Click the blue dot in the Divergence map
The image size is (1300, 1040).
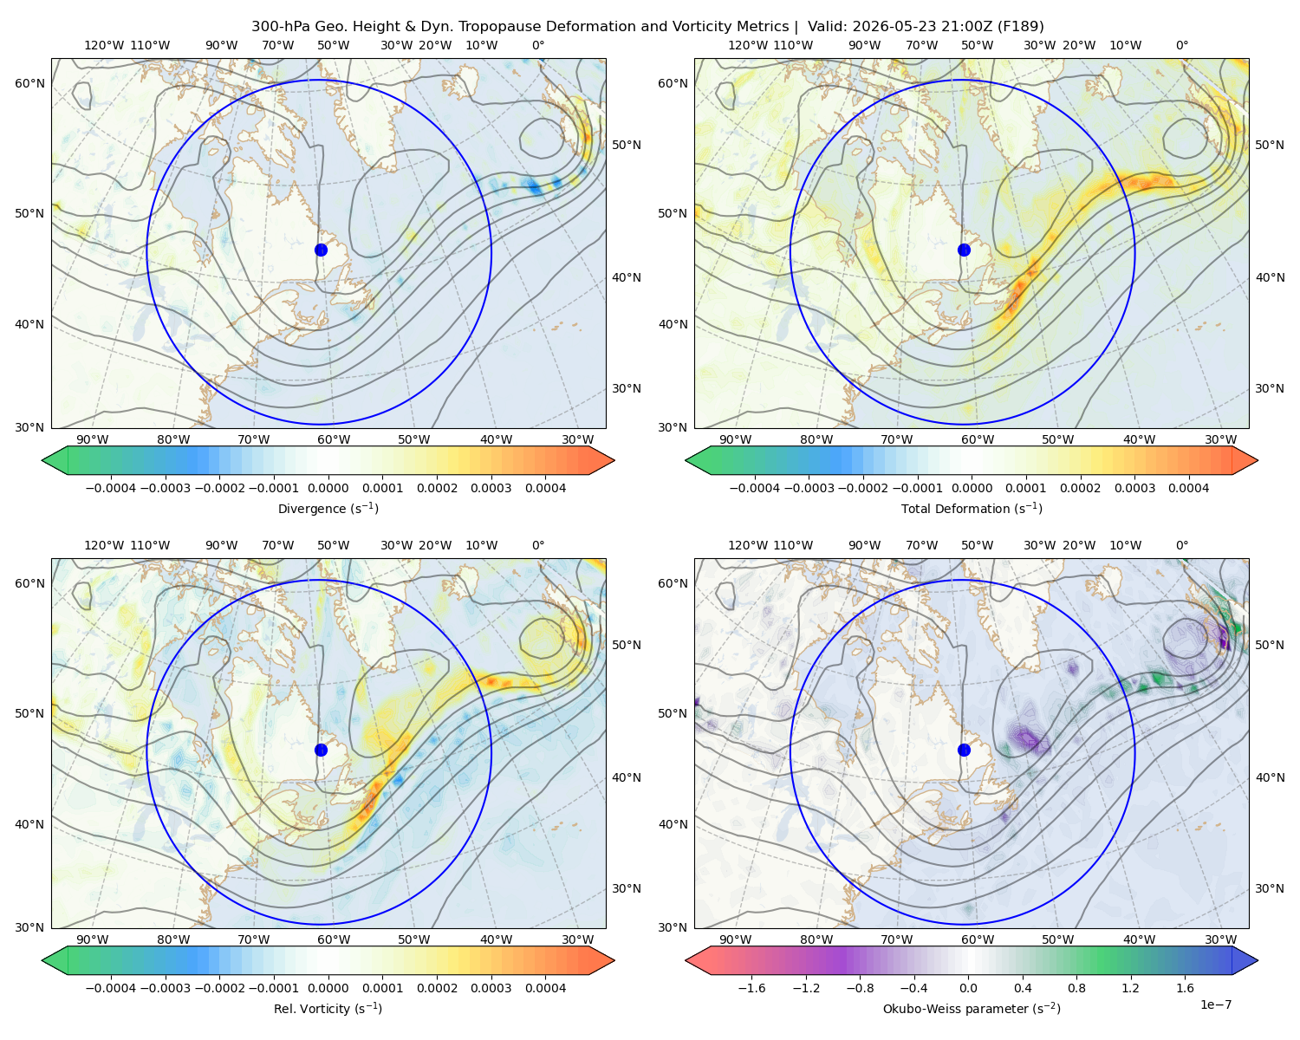[321, 250]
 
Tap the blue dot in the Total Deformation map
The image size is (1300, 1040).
[964, 250]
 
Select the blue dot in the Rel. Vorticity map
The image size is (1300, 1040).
[321, 750]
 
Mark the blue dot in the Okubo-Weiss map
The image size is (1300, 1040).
[964, 750]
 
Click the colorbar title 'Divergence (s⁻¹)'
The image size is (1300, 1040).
[328, 508]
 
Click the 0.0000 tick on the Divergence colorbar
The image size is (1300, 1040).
[328, 488]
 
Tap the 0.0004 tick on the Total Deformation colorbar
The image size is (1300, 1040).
[1188, 488]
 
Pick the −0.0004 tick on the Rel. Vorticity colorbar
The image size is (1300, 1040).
[111, 987]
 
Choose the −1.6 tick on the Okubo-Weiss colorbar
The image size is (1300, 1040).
[751, 987]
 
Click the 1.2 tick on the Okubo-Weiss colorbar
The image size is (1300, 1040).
[1130, 987]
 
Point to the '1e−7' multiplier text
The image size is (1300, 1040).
[1215, 1004]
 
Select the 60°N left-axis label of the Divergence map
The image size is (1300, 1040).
[29, 83]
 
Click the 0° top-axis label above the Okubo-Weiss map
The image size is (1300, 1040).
[1181, 545]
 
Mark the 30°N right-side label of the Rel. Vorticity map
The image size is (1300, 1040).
[627, 887]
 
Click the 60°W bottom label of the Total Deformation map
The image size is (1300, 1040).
[977, 439]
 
